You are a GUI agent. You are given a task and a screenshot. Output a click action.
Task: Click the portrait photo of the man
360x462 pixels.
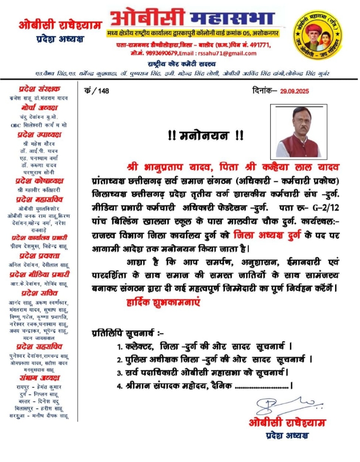[299, 131]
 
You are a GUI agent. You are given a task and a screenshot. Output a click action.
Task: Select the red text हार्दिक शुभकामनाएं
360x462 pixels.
[163, 303]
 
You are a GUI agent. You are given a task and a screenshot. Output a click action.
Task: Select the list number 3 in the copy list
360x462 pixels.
[119, 373]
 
